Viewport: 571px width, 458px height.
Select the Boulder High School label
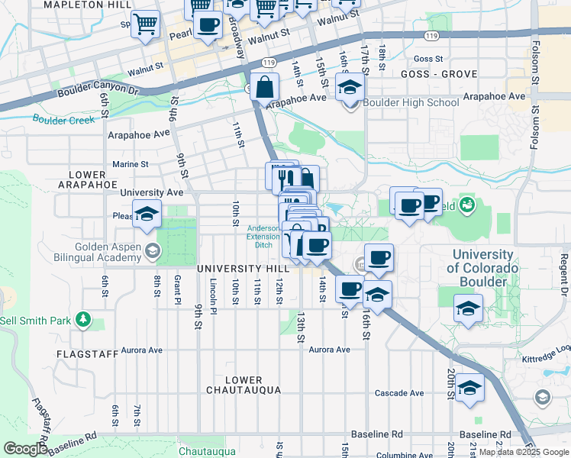[411, 103]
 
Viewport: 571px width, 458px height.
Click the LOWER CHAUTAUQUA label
[244, 385]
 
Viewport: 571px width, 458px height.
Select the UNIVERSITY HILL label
[243, 269]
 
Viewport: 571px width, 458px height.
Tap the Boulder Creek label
[63, 119]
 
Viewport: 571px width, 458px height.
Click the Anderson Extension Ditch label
[263, 236]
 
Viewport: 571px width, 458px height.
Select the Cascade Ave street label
[398, 393]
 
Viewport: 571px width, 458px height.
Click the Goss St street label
[427, 59]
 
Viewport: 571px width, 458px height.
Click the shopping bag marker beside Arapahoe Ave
[263, 88]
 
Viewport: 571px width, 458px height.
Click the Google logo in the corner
[26, 449]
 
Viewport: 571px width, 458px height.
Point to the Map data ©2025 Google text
[523, 452]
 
